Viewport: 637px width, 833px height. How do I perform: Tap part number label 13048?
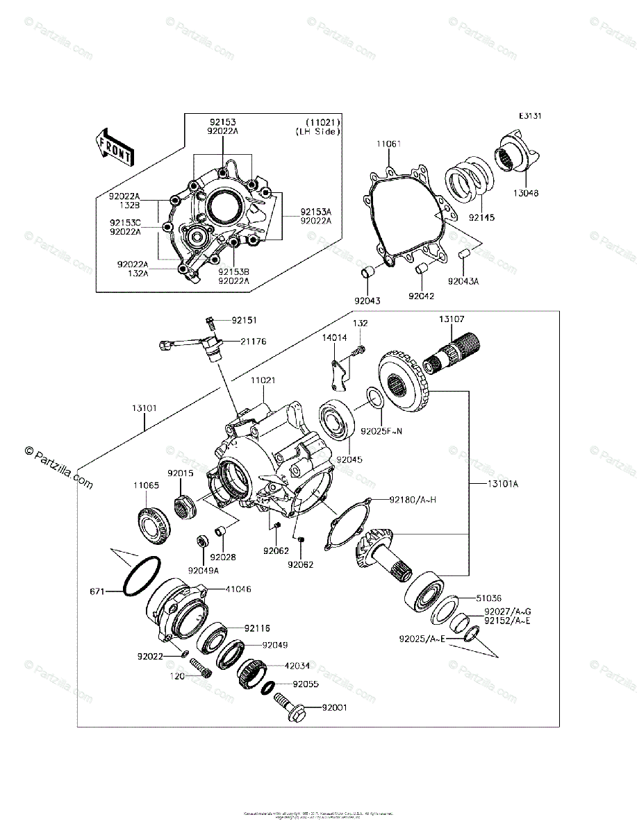[x=527, y=193]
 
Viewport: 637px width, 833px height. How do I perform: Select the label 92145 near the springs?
[x=481, y=217]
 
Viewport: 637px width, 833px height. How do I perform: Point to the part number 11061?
[x=389, y=144]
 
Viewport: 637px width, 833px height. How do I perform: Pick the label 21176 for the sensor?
[x=254, y=341]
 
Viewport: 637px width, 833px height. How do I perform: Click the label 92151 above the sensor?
[x=244, y=321]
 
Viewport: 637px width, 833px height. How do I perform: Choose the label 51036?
[x=489, y=598]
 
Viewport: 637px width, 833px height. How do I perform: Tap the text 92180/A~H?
[x=413, y=498]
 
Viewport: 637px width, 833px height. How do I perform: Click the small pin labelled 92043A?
[x=463, y=255]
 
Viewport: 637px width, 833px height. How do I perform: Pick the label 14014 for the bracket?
[x=334, y=337]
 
